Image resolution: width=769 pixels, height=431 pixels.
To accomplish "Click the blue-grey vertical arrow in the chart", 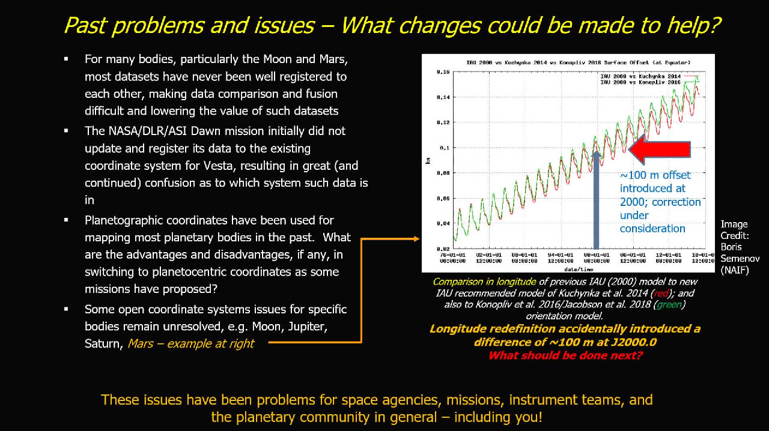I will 596,198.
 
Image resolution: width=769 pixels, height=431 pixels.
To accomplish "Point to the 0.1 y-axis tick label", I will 444,148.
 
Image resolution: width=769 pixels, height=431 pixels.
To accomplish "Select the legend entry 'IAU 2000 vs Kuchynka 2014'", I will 640,76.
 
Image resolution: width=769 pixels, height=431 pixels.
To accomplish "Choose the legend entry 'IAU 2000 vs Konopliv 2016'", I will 640,82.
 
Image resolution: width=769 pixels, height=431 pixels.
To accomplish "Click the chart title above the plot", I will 578,62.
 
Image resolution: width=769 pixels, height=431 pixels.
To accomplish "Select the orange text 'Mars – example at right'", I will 190,344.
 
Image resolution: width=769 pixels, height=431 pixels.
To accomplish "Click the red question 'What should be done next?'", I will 565,355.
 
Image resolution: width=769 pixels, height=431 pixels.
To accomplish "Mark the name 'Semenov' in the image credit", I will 740,259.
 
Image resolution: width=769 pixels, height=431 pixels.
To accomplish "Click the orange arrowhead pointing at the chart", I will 416,239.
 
